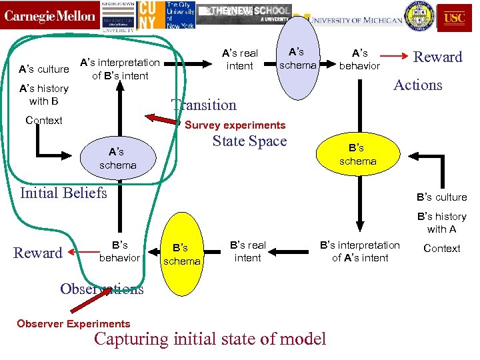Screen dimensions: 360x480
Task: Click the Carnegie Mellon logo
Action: pos(50,16)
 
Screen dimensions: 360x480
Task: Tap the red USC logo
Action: pos(454,18)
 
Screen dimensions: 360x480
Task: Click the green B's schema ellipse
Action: pos(357,155)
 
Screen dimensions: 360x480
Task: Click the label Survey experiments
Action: pos(235,125)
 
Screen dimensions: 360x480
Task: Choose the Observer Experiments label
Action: pos(73,324)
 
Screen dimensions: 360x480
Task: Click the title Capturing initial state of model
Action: pos(210,339)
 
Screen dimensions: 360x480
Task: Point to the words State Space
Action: pos(249,141)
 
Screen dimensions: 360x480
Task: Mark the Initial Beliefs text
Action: pos(64,193)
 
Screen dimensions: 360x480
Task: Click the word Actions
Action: pos(417,85)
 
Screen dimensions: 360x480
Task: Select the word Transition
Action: pos(204,105)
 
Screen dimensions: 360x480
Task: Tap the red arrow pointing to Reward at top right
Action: pos(395,57)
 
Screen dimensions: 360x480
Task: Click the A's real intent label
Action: pos(240,59)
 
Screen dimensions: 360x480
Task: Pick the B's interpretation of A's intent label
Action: pos(360,251)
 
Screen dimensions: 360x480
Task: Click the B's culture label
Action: pos(441,197)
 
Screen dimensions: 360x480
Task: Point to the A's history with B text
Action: pos(43,95)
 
